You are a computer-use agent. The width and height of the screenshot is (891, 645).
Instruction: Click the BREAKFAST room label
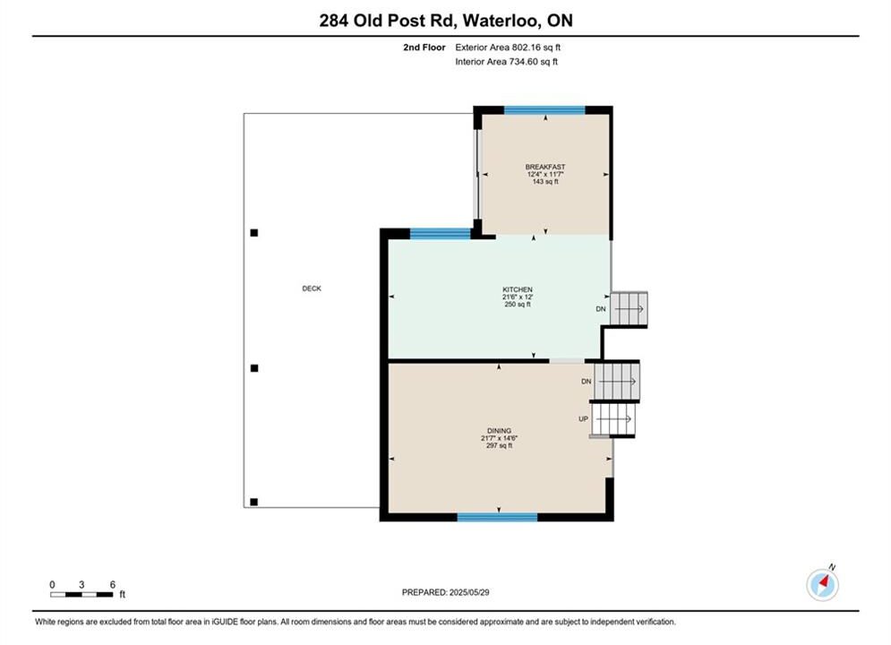coord(545,168)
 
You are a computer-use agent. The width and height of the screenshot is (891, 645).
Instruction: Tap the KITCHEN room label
coord(517,290)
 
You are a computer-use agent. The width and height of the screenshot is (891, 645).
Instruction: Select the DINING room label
coord(499,431)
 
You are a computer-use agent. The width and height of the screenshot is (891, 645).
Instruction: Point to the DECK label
coord(312,288)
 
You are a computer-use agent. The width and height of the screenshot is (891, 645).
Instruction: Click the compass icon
coord(822,584)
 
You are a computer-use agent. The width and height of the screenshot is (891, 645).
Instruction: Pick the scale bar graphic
coord(81,595)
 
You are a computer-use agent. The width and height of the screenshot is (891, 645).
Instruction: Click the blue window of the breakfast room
coord(544,110)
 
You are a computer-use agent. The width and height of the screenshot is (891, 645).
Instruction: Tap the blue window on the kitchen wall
coord(441,233)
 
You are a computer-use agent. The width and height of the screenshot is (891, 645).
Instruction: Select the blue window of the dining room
coord(497,517)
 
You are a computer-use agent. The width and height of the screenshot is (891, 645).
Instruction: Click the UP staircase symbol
coord(613,419)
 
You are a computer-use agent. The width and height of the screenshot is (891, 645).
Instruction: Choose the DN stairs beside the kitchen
coord(629,309)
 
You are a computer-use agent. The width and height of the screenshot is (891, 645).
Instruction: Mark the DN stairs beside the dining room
coord(617,382)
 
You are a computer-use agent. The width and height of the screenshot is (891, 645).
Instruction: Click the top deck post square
coord(254,232)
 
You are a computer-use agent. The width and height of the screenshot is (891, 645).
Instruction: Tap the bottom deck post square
coord(254,502)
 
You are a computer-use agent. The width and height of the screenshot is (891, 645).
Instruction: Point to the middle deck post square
coord(254,368)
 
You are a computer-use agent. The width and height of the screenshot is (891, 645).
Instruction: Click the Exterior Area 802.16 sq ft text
coord(508,47)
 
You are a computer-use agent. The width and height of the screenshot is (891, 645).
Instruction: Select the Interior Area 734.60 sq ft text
coord(506,62)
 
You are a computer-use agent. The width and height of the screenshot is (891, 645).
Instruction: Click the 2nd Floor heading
coord(424,47)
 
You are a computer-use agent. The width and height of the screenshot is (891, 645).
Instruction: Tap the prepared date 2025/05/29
coord(469,592)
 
